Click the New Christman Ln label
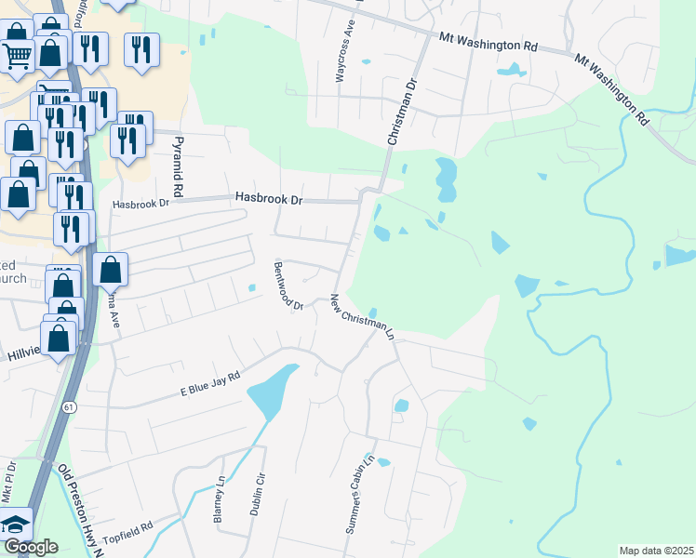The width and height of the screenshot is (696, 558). [363, 317]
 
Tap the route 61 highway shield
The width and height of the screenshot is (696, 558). [70, 407]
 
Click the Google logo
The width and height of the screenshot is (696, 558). [30, 547]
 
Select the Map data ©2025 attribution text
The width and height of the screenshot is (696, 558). [655, 551]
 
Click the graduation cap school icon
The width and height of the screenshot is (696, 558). [16, 523]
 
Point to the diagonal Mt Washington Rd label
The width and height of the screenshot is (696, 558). [610, 88]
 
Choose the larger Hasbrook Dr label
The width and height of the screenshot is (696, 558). [270, 198]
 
